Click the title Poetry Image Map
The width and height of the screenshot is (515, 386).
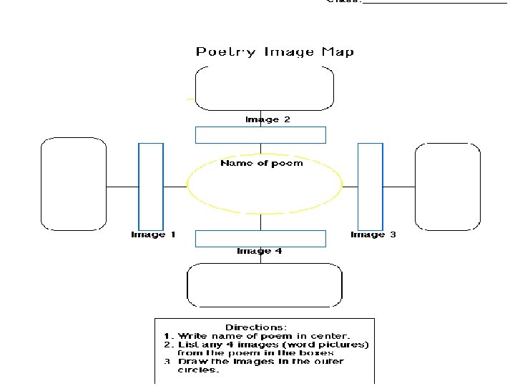pos(275,51)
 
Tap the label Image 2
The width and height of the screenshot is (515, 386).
pos(268,119)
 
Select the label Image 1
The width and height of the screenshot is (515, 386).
pos(153,234)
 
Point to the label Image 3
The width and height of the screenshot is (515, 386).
pos(373,234)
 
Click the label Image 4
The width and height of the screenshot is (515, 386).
pos(259,251)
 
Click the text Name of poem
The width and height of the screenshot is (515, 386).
pos(261,163)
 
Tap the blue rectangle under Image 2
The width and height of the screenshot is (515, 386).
pos(260,135)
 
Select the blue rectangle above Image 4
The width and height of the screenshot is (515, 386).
pos(260,238)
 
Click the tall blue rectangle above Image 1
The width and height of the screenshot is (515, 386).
pos(151,186)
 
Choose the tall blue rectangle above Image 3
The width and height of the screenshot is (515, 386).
pos(371,186)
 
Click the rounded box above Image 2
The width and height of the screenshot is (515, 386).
pos(264,89)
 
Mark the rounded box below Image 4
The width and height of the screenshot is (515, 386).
pos(264,285)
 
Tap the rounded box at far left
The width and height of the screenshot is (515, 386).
pos(74,184)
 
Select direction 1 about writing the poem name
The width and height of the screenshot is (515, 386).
pos(257,336)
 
